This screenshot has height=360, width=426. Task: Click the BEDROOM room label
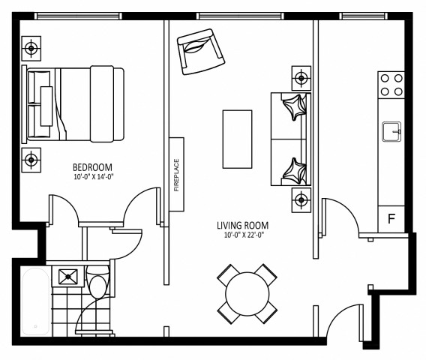coord(92,166)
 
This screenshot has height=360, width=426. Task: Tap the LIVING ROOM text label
coord(242,225)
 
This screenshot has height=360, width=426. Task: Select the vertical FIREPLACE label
coord(177,174)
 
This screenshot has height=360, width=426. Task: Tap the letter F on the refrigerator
coord(390,219)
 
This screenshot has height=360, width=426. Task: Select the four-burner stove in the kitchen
coord(391,84)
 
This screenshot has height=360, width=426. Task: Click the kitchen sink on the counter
coord(391,131)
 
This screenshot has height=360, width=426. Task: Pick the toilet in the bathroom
coord(97,285)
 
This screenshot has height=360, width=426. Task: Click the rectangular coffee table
coord(237,139)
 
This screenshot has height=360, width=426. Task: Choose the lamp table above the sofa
coord(301,77)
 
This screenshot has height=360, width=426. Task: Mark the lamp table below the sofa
coord(301,199)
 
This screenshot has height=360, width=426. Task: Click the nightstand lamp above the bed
coord(31,49)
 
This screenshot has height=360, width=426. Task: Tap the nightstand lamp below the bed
coord(31,159)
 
